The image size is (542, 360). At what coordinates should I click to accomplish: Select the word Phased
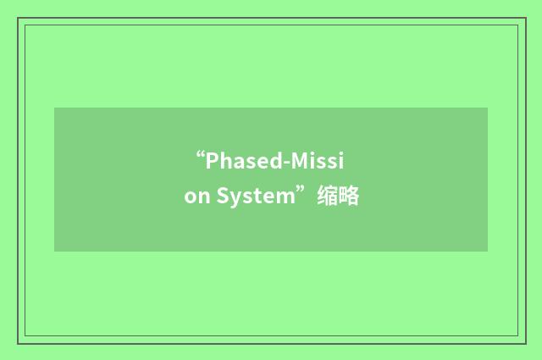pyautogui.click(x=240, y=160)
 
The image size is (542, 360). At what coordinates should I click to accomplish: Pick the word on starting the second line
pyautogui.click(x=195, y=197)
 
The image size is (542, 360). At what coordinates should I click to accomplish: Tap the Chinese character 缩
pyautogui.click(x=327, y=197)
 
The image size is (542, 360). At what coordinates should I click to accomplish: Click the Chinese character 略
pyautogui.click(x=349, y=197)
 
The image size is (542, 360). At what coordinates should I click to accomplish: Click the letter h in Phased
pyautogui.click(x=224, y=160)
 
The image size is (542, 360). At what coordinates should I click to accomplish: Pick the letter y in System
pyautogui.click(x=235, y=199)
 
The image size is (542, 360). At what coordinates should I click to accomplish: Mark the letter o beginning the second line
pyautogui.click(x=190, y=198)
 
